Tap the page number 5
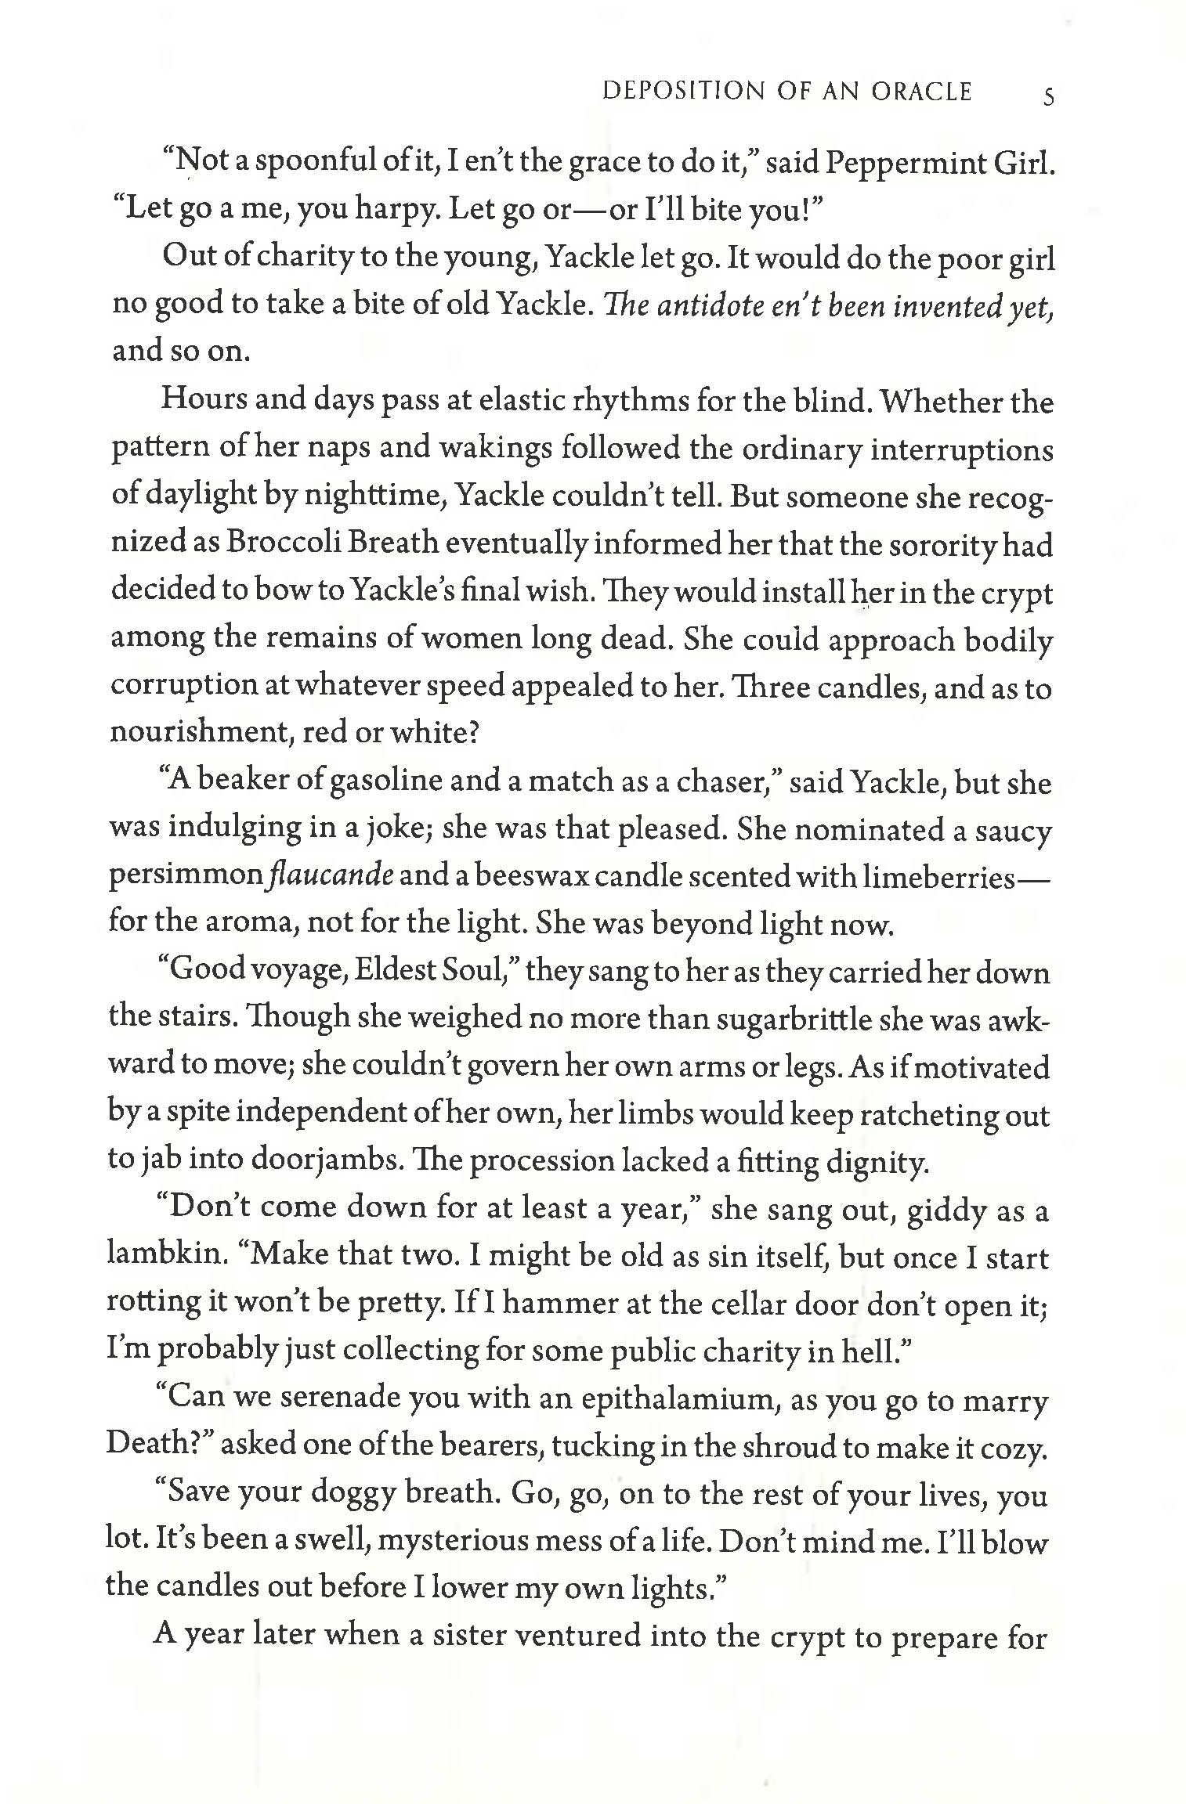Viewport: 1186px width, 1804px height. point(1048,97)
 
